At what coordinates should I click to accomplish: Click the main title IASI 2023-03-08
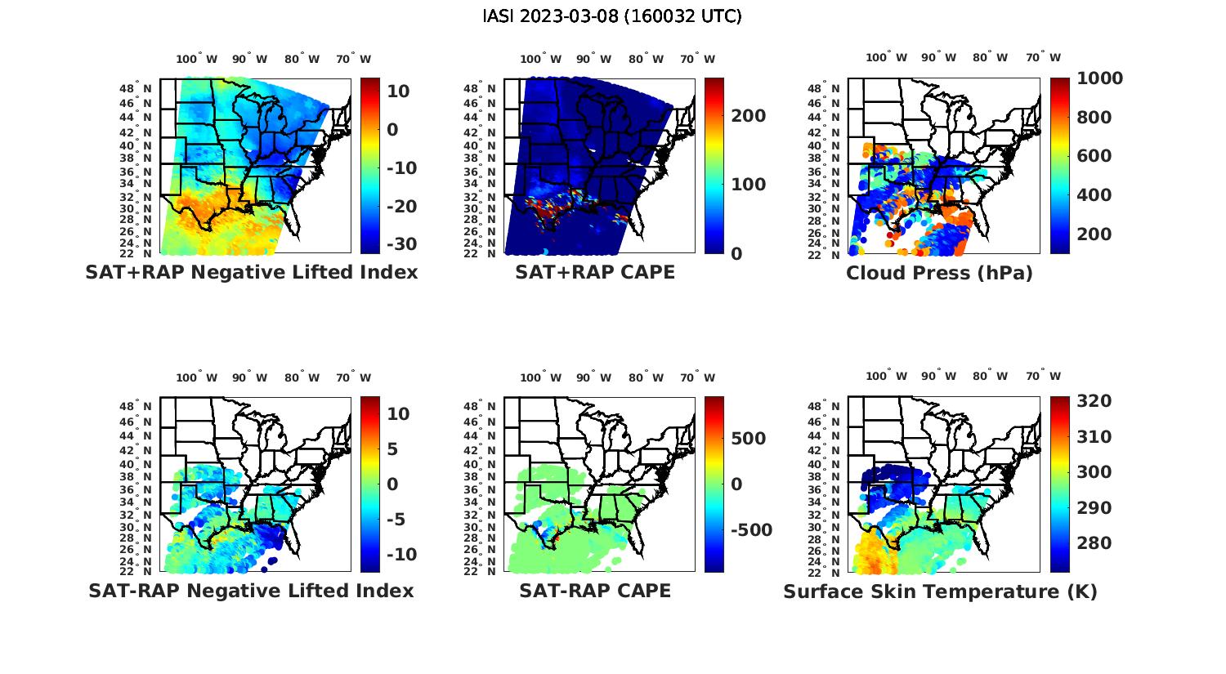612,16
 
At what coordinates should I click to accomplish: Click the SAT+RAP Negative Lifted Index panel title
251,272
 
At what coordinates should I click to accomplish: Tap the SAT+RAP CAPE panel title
595,272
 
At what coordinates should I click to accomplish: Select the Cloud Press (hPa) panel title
939,273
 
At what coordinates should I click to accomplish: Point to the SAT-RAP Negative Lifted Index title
251,591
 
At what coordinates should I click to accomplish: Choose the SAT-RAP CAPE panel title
595,591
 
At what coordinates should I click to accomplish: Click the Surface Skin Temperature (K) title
940,591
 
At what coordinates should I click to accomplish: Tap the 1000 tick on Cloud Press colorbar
1099,78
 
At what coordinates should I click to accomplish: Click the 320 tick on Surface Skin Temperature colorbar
1094,401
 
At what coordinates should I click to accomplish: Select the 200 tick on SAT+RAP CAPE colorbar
749,116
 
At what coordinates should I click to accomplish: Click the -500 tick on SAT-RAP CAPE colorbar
751,530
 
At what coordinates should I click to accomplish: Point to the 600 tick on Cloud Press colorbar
1094,156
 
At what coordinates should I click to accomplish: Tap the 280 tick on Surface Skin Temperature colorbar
1094,543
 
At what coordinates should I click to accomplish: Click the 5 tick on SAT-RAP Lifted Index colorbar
392,449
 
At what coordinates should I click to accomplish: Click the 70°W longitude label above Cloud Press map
1043,57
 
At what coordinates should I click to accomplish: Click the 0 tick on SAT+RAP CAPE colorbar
736,254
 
